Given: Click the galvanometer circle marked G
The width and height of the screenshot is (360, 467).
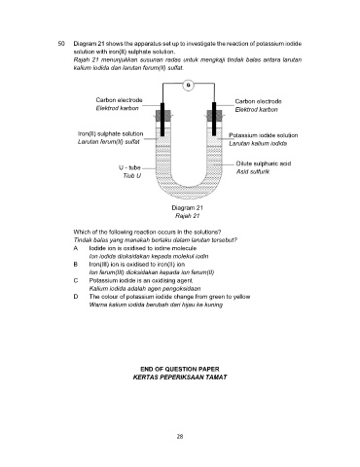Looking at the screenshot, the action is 189,86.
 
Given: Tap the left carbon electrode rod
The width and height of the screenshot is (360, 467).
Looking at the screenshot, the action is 162,120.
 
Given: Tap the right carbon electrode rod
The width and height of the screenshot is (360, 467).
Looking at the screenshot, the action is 214,119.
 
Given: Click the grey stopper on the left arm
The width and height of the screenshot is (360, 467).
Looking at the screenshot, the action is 162,116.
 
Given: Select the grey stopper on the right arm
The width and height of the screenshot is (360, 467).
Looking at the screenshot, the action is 214,116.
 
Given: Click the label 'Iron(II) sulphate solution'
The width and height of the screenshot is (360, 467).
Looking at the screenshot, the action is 111,133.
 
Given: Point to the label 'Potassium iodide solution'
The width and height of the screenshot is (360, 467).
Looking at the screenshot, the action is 264,135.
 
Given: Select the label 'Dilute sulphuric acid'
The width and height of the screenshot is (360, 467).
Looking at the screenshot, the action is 264,163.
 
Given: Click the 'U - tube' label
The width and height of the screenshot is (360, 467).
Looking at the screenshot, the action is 129,167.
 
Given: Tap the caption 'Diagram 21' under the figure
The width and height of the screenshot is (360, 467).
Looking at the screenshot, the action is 187,208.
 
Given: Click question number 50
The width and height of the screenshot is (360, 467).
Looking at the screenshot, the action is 61,44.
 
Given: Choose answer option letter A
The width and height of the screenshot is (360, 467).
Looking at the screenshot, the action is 76,248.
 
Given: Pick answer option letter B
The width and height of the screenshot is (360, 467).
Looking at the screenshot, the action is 76,265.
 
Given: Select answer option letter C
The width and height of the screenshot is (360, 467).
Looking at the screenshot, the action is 76,280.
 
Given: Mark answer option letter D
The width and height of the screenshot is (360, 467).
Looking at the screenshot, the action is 76,297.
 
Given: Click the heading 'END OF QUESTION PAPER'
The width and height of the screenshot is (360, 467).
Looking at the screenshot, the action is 180,369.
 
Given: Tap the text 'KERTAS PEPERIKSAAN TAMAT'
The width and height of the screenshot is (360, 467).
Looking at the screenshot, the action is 180,377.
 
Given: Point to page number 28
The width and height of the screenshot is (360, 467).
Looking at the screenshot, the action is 180,437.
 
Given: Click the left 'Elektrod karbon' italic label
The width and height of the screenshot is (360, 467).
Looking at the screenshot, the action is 118,108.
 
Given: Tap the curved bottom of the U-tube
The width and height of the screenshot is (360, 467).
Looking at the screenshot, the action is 189,192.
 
